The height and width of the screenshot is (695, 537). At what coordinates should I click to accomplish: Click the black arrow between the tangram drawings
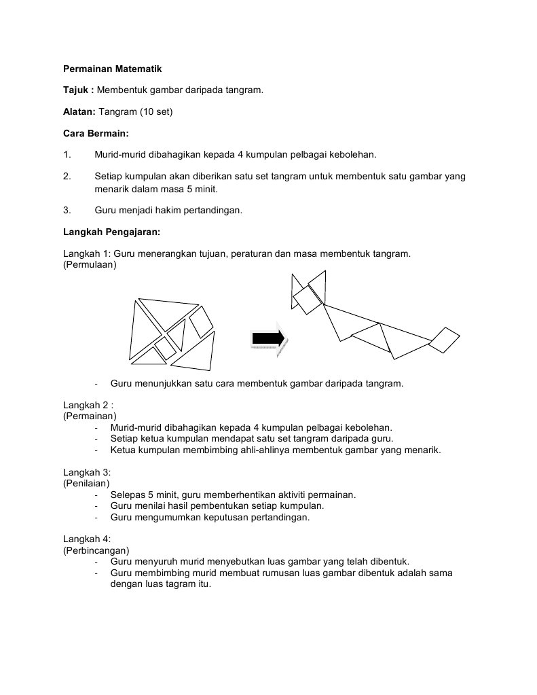[267, 338]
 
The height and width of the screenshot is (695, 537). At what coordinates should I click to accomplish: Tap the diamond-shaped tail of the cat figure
[444, 340]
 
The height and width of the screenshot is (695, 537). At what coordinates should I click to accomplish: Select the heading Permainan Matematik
[112, 69]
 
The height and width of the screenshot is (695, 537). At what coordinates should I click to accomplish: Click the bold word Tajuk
[76, 90]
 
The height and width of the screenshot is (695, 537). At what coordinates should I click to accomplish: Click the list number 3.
[67, 211]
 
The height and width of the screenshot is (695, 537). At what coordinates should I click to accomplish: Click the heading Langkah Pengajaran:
[111, 232]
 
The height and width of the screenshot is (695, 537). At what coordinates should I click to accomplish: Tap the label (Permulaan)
[90, 264]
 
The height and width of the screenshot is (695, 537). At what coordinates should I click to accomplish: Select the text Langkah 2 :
[88, 405]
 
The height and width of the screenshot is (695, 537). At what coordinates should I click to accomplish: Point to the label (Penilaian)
[86, 483]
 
